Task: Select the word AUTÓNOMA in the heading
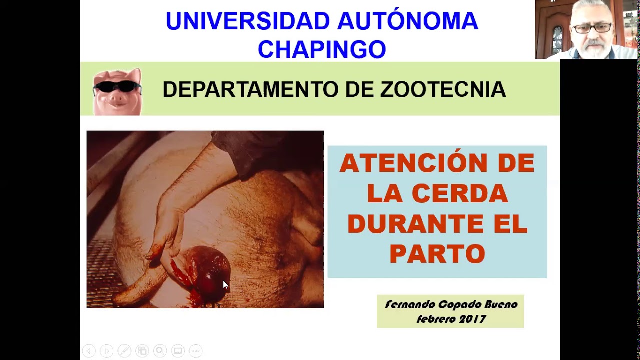tap(407, 21)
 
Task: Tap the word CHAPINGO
tap(322, 49)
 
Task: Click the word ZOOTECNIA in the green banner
tap(443, 90)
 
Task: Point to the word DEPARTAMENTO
tap(250, 90)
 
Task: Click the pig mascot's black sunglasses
tap(117, 87)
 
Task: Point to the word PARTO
tap(437, 254)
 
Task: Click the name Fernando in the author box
tap(409, 304)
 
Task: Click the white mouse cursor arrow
tap(225, 284)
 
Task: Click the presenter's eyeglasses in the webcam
tap(593, 28)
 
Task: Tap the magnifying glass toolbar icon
tap(160, 351)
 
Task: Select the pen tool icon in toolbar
tap(124, 351)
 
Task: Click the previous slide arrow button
tap(89, 351)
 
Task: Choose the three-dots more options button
tap(195, 351)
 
